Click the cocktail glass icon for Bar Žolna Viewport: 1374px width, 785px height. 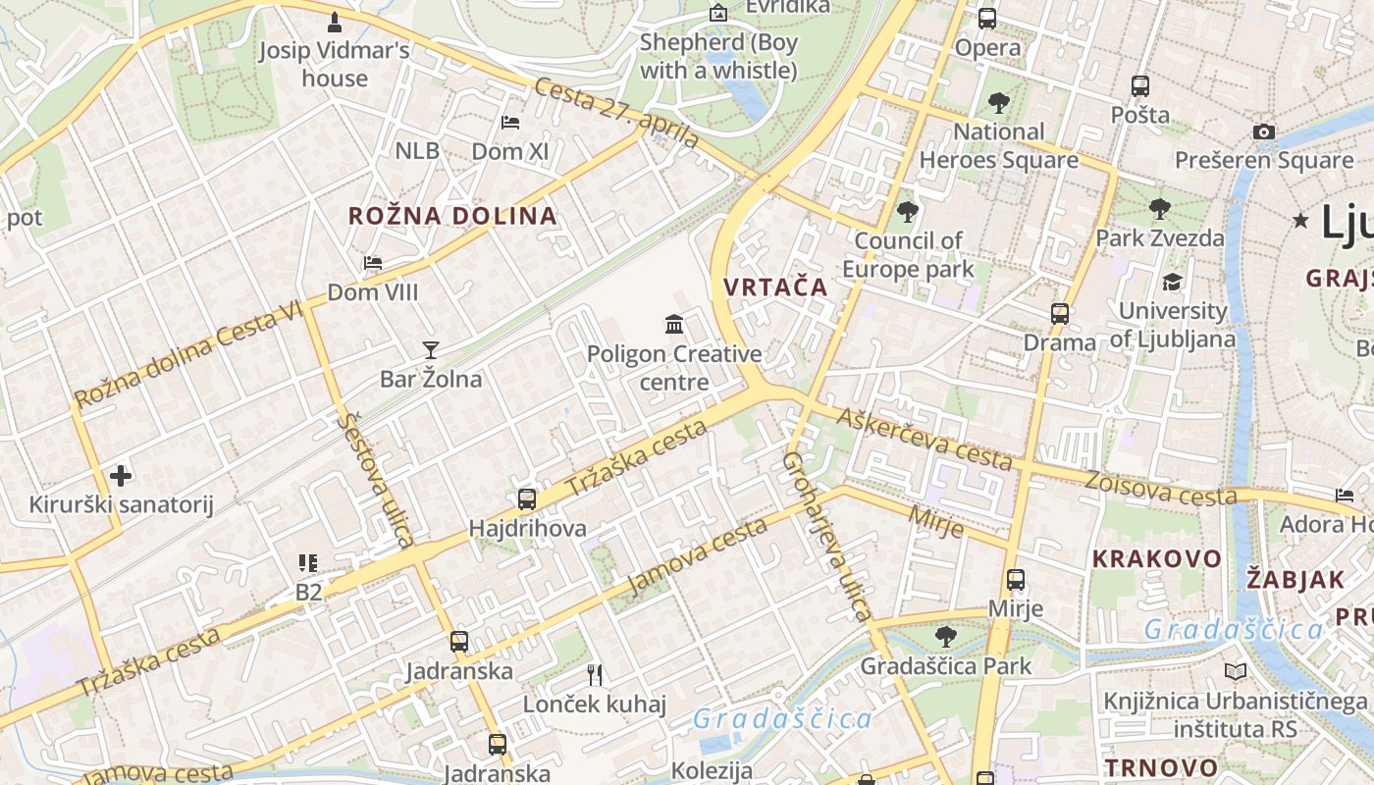point(430,349)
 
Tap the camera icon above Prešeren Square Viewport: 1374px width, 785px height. point(1264,131)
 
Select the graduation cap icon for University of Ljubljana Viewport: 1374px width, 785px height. point(1172,283)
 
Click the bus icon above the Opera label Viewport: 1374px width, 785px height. point(987,18)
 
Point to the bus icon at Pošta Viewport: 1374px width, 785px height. point(1139,85)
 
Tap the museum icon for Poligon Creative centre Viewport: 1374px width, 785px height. point(674,324)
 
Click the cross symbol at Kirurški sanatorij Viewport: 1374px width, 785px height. point(121,476)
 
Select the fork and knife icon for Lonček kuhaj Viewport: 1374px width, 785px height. point(594,674)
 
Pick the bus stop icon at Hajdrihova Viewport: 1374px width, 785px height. point(527,498)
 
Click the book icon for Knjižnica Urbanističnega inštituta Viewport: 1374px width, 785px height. point(1235,671)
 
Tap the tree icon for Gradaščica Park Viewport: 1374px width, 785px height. point(945,637)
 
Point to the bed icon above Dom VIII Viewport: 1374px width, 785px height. point(373,263)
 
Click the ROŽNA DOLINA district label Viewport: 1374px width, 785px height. point(452,216)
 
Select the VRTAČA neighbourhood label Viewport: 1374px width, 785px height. point(775,288)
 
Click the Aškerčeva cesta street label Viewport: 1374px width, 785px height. point(924,439)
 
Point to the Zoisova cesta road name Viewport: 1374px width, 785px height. point(1161,488)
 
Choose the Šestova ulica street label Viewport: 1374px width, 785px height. point(375,480)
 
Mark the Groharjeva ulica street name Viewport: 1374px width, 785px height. point(826,537)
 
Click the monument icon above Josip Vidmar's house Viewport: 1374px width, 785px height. point(335,21)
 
